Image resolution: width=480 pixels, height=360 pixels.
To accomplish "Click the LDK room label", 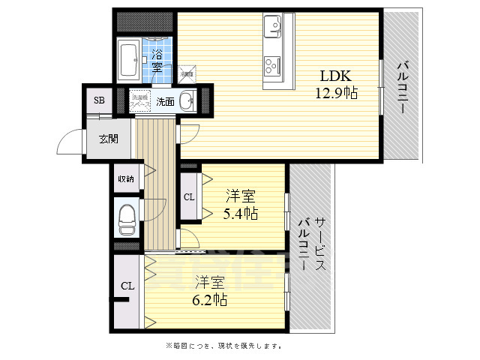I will (336, 76).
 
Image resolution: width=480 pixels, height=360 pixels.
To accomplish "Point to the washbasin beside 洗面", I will (187, 100).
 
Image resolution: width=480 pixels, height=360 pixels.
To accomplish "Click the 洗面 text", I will (165, 101).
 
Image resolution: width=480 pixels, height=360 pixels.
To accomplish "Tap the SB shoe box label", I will (99, 100).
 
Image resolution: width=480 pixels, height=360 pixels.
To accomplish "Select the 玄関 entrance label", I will (108, 138).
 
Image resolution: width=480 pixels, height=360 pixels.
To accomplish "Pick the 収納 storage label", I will (125, 179).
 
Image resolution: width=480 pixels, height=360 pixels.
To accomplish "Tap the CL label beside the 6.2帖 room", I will (127, 286).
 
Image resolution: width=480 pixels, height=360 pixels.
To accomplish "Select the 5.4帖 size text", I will (241, 214).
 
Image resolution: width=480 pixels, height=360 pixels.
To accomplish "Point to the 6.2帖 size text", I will (211, 299).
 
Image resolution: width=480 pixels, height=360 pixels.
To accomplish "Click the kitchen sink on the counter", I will (271, 27).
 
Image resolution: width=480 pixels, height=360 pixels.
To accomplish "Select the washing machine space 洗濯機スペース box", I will (140, 99).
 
